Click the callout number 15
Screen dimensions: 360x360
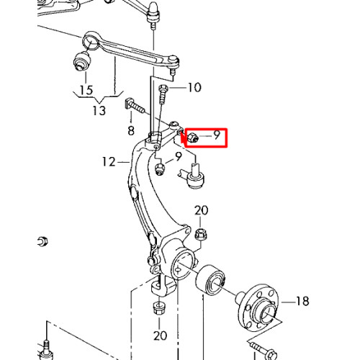(86, 90)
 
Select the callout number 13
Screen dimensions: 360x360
(99, 111)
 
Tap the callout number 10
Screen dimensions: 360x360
(194, 87)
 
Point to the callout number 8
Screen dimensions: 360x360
(131, 131)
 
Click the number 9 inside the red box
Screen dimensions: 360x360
(217, 135)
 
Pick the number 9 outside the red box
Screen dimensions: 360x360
(179, 157)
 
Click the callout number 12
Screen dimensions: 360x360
(109, 162)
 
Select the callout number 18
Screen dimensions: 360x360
(302, 301)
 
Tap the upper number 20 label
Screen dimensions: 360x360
(201, 210)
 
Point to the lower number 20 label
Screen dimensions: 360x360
(160, 336)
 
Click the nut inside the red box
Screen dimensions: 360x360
(193, 138)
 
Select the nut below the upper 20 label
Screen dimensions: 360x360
(201, 235)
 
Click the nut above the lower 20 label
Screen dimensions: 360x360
(159, 308)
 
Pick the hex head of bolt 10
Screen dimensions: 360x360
(163, 89)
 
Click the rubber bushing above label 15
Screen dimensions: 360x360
(82, 61)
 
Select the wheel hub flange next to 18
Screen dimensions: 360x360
(258, 307)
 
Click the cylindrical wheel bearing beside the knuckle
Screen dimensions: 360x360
(211, 280)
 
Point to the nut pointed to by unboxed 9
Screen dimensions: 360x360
(160, 168)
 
